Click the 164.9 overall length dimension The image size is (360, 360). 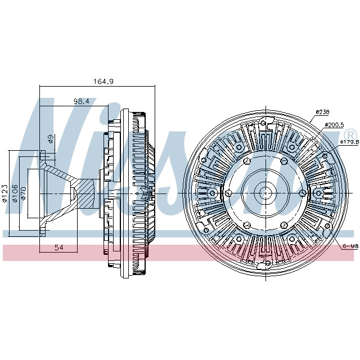[x=103, y=82]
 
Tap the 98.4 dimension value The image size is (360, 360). [x=81, y=101]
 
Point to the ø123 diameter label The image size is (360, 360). [x=4, y=193]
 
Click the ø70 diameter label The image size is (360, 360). [x=24, y=193]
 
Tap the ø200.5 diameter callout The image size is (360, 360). [x=334, y=124]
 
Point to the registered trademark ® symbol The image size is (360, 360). [x=350, y=134]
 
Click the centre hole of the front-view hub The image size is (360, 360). [x=264, y=193]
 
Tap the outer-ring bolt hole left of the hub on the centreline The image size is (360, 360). [x=213, y=193]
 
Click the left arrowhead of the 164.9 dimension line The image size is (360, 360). [x=42, y=86]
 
